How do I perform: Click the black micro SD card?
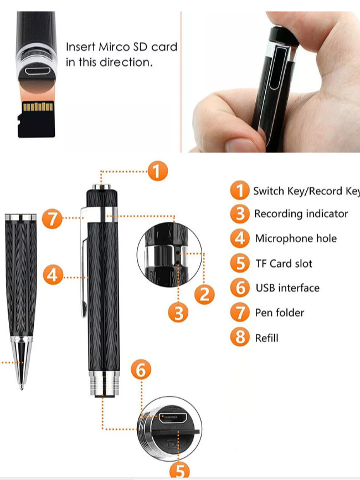coord(36,119)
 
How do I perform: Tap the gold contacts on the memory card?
coord(38,106)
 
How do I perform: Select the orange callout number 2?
coord(204,294)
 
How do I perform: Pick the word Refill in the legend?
coord(267,338)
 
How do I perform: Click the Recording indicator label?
coord(301,214)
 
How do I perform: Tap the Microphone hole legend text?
coord(296,238)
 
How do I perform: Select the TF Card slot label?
coord(284,263)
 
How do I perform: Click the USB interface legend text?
coord(287,288)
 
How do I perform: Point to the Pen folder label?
coord(280,313)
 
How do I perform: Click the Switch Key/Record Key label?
coord(306,191)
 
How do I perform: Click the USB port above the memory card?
coord(38,72)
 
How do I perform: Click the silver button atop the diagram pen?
coord(101,187)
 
